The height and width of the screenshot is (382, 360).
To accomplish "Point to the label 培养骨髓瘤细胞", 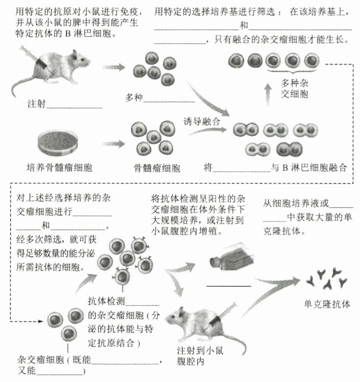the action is [59, 167].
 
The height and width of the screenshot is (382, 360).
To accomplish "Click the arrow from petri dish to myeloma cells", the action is [114, 144].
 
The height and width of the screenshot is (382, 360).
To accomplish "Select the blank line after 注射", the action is [74, 107].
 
